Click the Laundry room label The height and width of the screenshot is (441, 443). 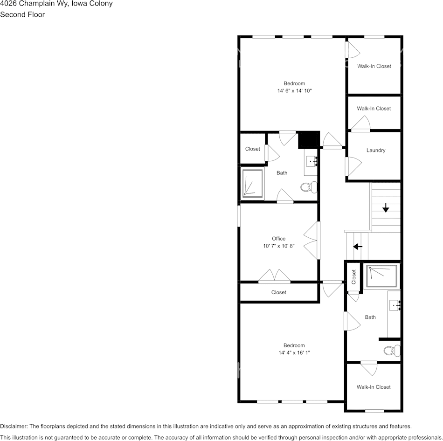(x=375, y=151)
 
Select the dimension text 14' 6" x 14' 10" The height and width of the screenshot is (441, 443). (x=294, y=91)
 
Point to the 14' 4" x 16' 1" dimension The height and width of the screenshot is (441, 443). (x=294, y=353)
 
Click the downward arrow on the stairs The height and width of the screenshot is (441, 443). (x=386, y=208)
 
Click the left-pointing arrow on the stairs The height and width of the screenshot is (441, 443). (x=358, y=246)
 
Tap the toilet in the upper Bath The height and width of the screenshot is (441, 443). (x=308, y=187)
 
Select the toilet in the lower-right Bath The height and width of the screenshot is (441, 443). (x=391, y=350)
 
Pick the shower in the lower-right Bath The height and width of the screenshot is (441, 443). (x=381, y=276)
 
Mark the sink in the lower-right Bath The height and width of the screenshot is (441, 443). (x=395, y=306)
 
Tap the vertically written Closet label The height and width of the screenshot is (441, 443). (x=354, y=276)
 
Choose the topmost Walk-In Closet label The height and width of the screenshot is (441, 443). (x=374, y=66)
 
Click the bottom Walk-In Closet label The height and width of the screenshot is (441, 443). (x=374, y=387)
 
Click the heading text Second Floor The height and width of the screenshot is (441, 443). (x=22, y=14)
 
